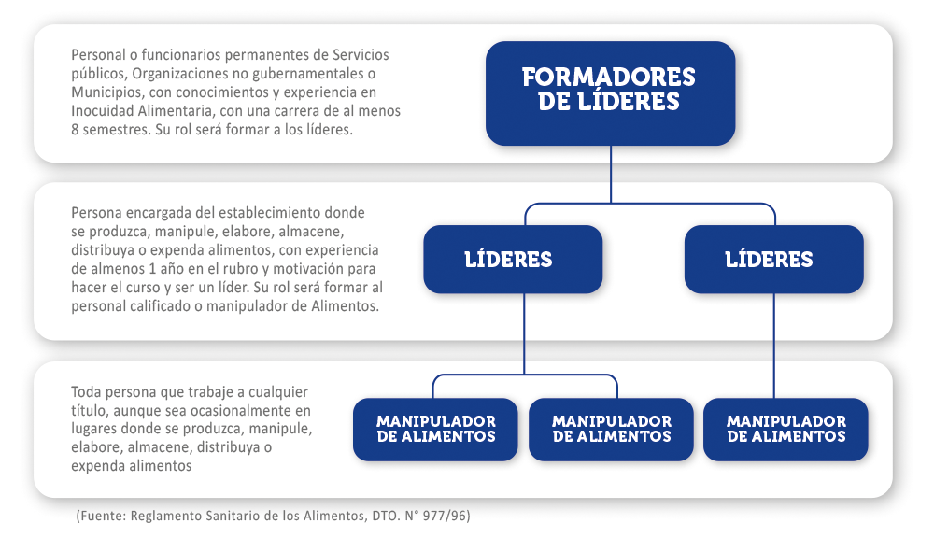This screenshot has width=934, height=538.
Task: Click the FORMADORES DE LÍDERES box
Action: pyautogui.click(x=610, y=93)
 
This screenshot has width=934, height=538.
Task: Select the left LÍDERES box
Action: pyautogui.click(x=513, y=259)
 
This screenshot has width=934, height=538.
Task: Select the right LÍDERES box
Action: pyautogui.click(x=773, y=259)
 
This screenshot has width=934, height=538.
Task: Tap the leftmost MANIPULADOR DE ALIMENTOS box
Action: pyautogui.click(x=435, y=429)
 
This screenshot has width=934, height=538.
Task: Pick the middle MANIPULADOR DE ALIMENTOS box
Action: pyautogui.click(x=611, y=429)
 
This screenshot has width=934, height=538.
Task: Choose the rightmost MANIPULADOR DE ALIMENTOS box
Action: pyautogui.click(x=785, y=429)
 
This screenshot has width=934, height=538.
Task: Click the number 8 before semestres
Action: pyautogui.click(x=75, y=129)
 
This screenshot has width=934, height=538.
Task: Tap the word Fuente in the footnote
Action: pyautogui.click(x=102, y=516)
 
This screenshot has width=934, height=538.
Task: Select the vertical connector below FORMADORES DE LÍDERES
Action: pyautogui.click(x=611, y=174)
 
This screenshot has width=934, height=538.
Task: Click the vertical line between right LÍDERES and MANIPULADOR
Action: pyautogui.click(x=773, y=346)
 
